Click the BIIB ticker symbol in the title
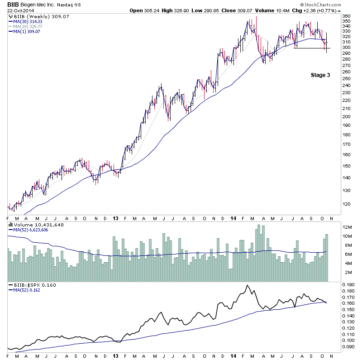(14, 4)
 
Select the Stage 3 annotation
(320, 75)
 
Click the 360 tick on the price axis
(346, 16)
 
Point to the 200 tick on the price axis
(346, 116)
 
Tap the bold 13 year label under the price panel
(115, 217)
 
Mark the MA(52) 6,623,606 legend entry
(31, 230)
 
